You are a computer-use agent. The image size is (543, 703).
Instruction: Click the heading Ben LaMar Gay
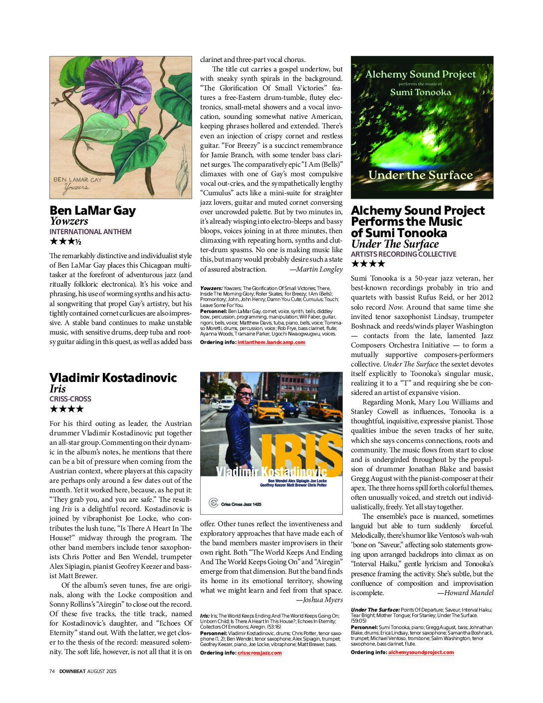click(92, 210)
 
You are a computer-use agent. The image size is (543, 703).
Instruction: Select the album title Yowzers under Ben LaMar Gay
click(69, 221)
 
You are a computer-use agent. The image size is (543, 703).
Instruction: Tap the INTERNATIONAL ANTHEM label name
click(90, 232)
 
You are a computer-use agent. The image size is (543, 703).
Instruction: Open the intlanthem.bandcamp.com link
click(271, 343)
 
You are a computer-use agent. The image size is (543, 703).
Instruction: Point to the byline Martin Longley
click(319, 270)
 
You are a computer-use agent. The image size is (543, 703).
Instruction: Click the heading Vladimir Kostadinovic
click(113, 377)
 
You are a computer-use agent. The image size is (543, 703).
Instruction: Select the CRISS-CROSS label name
click(70, 399)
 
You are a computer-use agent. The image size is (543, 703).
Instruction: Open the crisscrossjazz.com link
click(260, 653)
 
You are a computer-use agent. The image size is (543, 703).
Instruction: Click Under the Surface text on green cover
click(420, 175)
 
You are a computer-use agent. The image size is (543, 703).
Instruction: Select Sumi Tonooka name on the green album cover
click(420, 92)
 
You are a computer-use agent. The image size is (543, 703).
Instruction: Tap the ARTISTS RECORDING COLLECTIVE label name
click(403, 254)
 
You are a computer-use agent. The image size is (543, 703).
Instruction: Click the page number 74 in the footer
click(52, 672)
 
